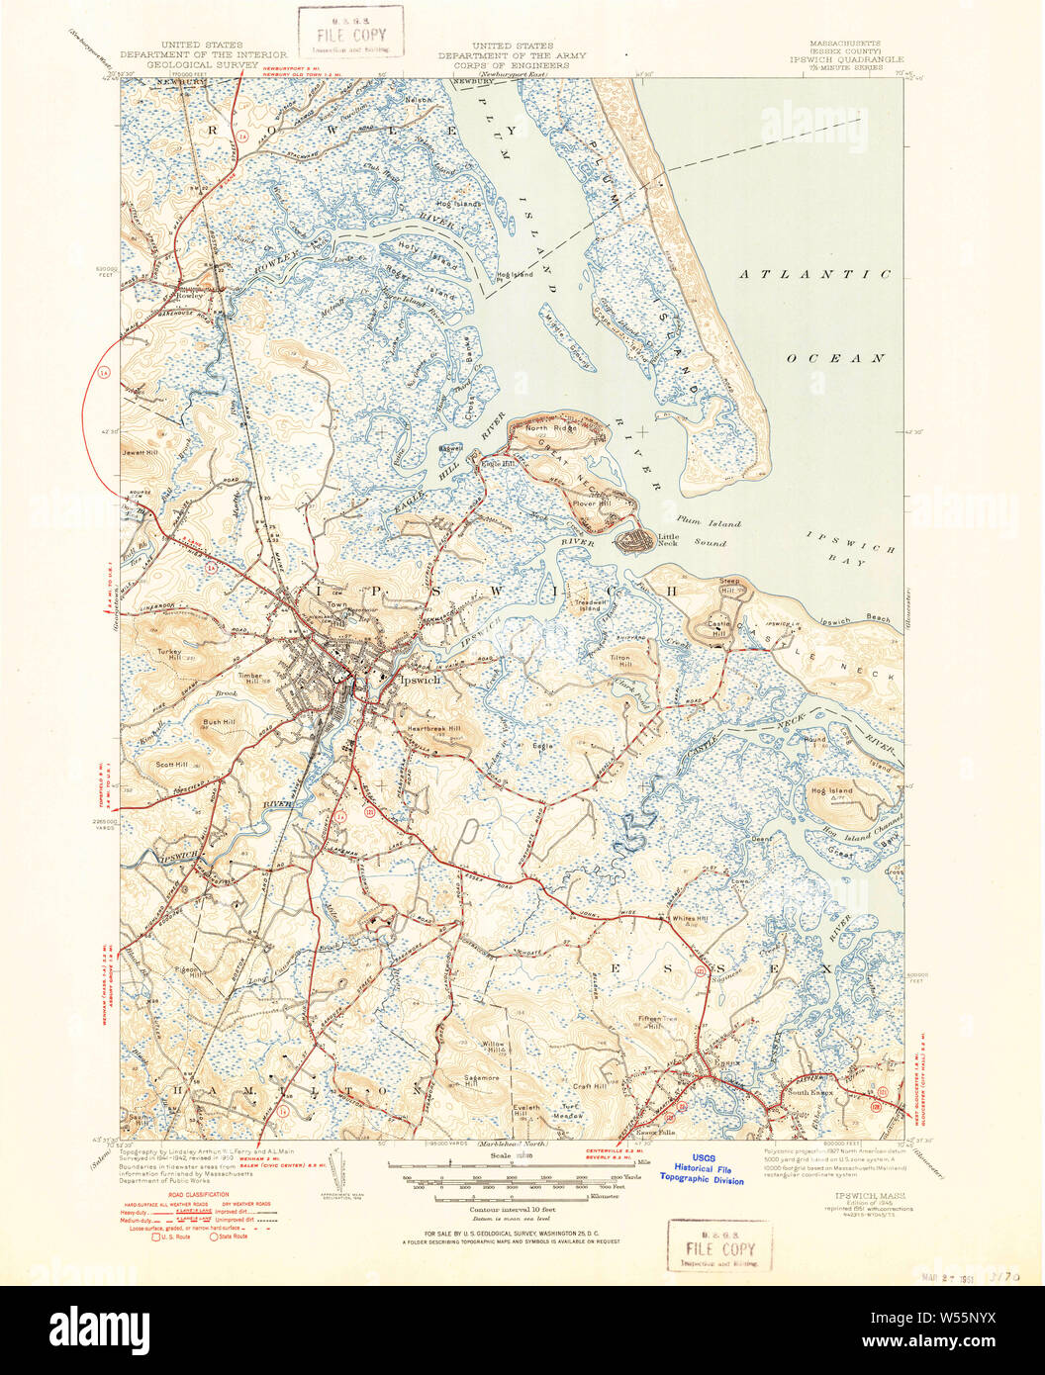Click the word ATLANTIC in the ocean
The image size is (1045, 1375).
pyautogui.click(x=815, y=274)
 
